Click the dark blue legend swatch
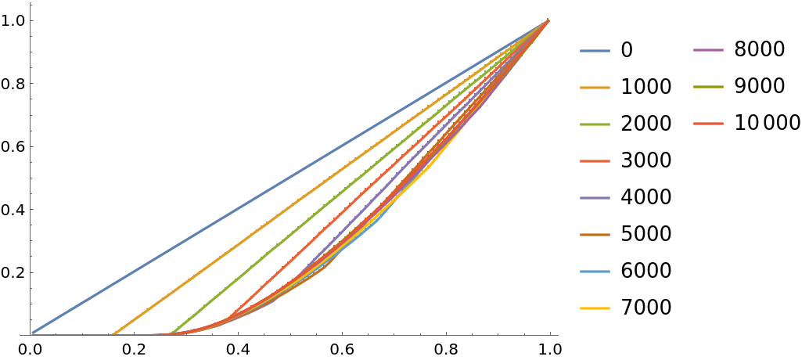tap(595, 51)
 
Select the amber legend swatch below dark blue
tap(595, 88)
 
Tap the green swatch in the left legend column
tap(595, 124)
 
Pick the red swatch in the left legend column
tap(595, 161)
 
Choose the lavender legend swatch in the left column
tap(595, 198)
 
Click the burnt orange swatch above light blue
tap(595, 235)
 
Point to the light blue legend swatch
tap(595, 272)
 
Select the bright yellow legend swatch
tap(595, 308)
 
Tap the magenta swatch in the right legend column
tap(708, 51)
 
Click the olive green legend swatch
tap(708, 87)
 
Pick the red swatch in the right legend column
tap(708, 124)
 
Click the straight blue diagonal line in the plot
tap(289, 178)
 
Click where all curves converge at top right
tap(548, 20)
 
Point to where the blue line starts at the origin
tap(32, 333)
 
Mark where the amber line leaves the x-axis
tap(113, 334)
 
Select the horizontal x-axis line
tap(313, 335)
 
